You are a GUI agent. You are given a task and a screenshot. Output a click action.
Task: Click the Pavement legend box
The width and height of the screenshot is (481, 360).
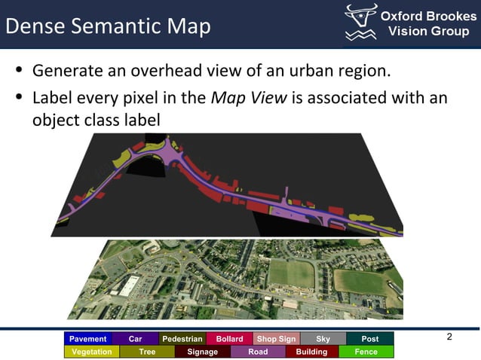(88, 339)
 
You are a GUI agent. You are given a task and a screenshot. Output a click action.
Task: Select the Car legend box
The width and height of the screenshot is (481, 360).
(135, 339)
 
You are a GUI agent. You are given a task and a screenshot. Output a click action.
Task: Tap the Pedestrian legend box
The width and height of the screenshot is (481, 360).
(182, 339)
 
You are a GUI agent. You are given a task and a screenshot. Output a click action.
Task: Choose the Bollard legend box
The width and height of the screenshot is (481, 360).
(229, 339)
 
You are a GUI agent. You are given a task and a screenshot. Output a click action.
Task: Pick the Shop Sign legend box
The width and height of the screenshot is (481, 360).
(276, 339)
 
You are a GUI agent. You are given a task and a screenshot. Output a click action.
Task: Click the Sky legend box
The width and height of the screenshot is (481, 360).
(323, 339)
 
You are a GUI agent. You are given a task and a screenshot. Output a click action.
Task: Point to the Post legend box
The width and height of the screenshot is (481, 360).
(370, 339)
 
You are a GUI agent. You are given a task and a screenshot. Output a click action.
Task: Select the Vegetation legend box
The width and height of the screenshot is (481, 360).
(91, 352)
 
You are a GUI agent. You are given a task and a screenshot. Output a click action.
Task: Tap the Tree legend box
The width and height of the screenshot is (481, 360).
(147, 352)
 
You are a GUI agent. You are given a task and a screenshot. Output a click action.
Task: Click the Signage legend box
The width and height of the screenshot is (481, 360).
(202, 352)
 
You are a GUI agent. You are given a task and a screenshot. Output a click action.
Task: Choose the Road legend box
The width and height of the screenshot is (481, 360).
(258, 352)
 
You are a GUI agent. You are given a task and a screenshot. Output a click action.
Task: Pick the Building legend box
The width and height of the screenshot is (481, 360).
(311, 352)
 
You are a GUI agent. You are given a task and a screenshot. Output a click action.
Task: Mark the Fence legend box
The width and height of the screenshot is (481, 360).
(366, 352)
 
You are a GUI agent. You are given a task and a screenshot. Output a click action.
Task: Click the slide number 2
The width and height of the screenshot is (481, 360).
(449, 337)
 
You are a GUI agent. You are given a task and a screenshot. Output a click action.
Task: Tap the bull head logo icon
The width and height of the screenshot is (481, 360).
(360, 23)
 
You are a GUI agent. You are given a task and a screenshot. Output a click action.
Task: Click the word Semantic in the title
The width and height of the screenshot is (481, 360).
(115, 26)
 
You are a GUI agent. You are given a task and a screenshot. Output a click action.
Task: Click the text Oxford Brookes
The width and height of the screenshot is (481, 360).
(427, 17)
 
